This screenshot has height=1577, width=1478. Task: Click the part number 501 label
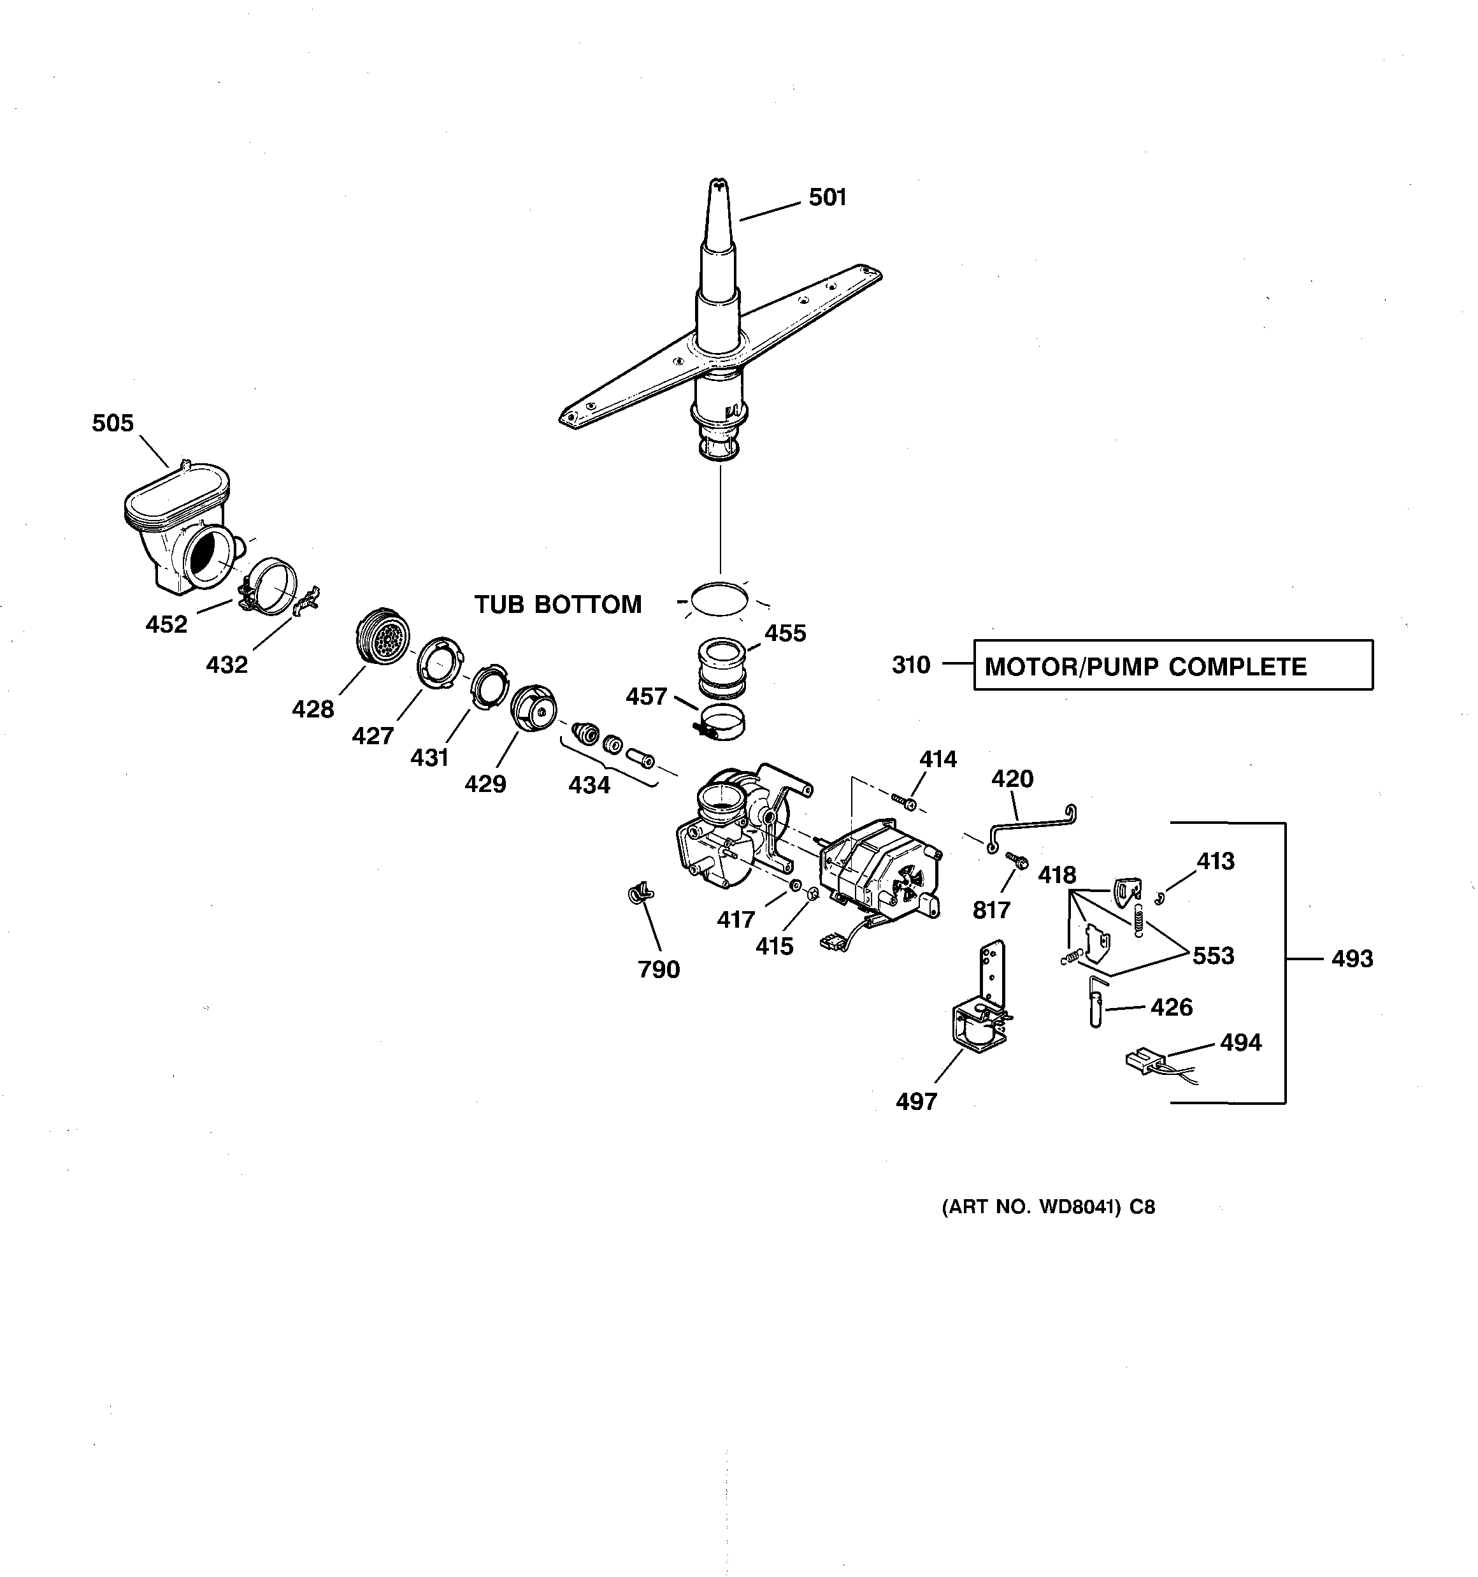[828, 198]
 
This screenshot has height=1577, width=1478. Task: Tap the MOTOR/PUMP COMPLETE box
[1173, 665]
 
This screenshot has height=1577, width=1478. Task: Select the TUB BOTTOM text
[557, 605]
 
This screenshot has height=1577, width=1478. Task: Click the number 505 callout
[113, 424]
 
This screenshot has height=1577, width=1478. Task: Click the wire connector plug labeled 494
[1142, 1062]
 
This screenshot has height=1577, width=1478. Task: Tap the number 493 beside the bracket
[1352, 959]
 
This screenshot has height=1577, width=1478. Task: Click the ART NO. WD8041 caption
[1048, 1207]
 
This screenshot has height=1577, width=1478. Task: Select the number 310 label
[911, 665]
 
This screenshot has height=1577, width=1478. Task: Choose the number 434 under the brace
[589, 786]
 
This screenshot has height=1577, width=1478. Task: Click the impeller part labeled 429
[533, 709]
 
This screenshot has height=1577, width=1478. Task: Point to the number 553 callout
[1213, 956]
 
